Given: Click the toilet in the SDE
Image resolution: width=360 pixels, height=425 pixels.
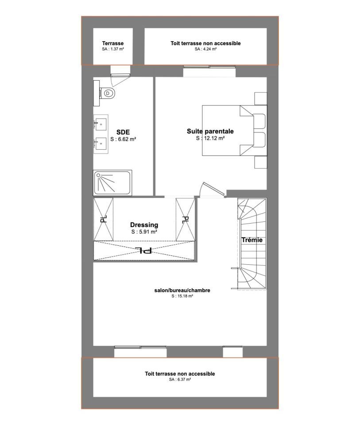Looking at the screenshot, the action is pos(107,93).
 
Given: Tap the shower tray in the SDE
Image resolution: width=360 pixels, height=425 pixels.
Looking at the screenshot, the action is pos(112,183).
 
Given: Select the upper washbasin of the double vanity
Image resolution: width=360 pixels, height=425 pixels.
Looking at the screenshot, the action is pos(101,124).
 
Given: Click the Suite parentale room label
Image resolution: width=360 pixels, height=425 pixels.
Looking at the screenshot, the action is pos(210,131).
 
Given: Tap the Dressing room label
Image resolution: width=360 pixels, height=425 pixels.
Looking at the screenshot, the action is pos(144,225).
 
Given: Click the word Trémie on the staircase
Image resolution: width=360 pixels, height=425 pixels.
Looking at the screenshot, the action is pos(252,240).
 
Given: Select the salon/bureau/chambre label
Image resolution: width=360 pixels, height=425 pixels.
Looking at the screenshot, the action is pos(182,290).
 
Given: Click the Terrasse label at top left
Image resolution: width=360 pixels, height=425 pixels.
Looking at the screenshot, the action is pos(113,43).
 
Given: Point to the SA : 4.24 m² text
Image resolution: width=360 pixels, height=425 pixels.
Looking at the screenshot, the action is pos(205,49).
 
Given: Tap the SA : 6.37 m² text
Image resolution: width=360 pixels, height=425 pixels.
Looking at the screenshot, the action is pos(180,379).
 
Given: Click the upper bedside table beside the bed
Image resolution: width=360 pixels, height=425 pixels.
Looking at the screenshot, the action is pos(260,98).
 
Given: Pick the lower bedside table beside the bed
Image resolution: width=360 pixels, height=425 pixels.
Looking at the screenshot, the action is pos(260,162).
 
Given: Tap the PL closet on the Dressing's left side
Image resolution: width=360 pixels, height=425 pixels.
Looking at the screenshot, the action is pos(103,219).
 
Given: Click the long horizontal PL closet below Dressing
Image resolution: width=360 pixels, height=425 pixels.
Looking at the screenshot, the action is pos(144,251).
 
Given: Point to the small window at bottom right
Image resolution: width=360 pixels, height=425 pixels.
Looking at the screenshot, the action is pos(232,352).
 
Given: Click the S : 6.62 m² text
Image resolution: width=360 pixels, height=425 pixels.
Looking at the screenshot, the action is pos(123,139).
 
